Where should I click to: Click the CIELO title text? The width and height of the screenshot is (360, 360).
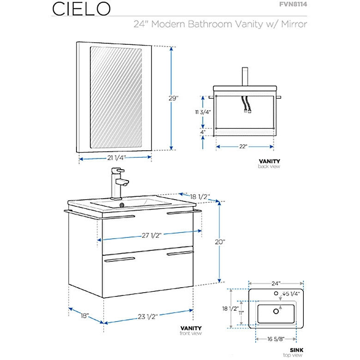tap(80, 8)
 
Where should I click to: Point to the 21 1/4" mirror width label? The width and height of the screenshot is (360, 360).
tap(116, 158)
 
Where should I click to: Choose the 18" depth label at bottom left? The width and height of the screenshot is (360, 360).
tap(84, 316)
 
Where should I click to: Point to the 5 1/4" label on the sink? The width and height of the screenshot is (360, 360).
tap(293, 294)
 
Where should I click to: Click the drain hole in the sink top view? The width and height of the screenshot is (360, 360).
tap(276, 312)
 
